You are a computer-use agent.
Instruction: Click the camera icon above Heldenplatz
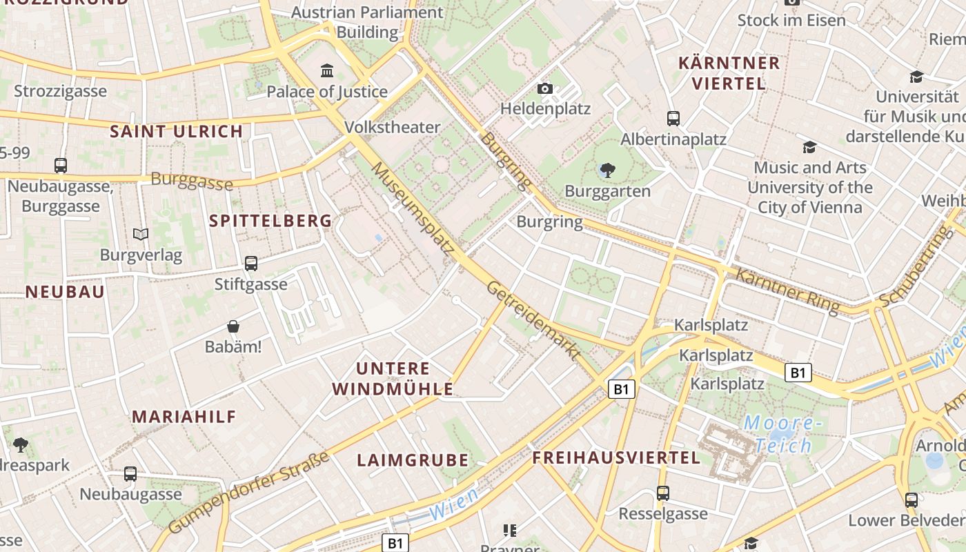tap(545, 88)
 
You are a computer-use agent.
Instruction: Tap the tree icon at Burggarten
tap(607, 170)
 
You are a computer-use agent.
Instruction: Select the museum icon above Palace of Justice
tap(327, 70)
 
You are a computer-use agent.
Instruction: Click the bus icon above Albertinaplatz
tap(673, 119)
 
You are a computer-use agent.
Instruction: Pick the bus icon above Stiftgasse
tap(251, 263)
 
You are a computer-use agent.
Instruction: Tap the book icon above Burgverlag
tap(141, 235)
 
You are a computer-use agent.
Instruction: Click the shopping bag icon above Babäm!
tap(233, 326)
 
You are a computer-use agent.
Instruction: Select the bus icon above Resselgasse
tap(663, 493)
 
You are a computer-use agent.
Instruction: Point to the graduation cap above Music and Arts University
tap(809, 147)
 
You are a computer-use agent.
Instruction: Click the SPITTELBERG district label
tap(270, 221)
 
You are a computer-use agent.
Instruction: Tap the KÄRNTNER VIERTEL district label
tap(729, 73)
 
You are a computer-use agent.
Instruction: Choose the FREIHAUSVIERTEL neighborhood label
tap(616, 457)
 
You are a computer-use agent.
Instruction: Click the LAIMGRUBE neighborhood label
tap(413, 460)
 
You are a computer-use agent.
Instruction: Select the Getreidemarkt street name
tap(533, 320)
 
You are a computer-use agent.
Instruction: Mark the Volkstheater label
tap(392, 127)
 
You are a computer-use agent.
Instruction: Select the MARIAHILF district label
tap(184, 417)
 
